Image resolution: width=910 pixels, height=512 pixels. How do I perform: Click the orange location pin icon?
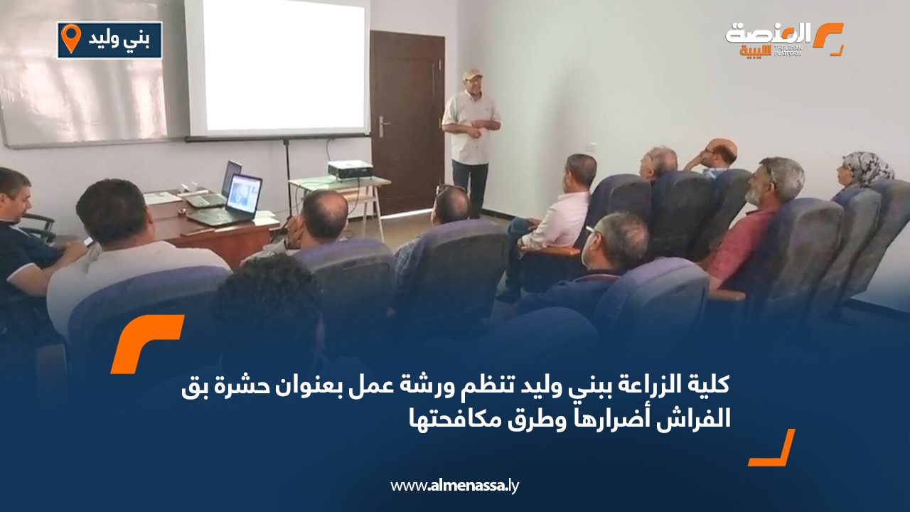pos(71,38)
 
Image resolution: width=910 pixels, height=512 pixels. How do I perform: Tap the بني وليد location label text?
pos(119,39)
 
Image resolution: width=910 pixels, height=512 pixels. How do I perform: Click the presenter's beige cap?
pos(471,73)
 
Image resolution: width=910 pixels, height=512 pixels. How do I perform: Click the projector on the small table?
pos(350,169)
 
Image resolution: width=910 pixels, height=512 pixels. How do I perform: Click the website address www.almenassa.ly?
pos(454,486)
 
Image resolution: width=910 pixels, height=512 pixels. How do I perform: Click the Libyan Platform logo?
pos(783,39)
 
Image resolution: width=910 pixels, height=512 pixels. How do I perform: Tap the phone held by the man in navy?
pos(88,241)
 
